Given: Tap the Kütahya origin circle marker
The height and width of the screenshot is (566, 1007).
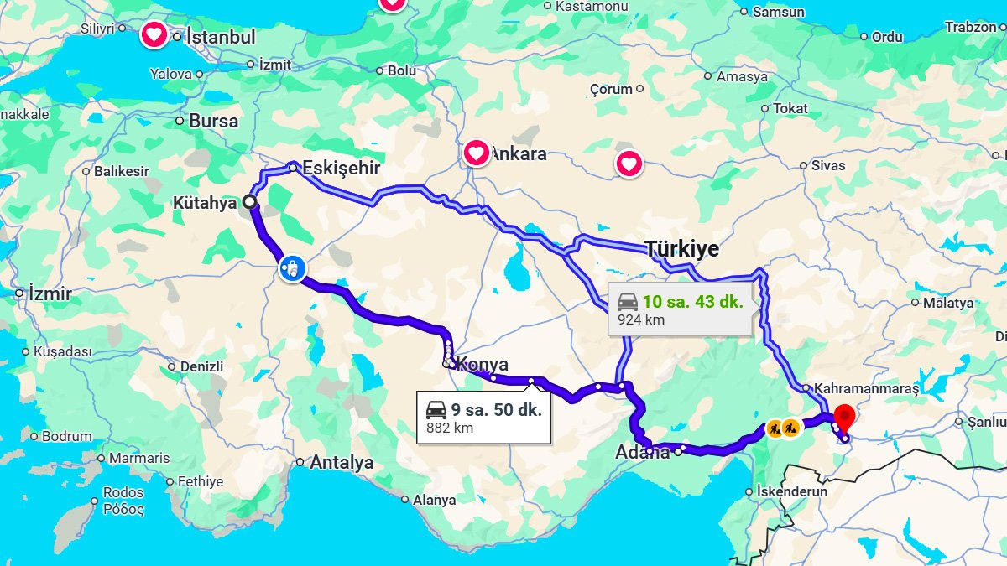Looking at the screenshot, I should click(x=249, y=202).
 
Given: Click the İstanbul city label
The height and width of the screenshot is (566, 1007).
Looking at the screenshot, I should click(x=221, y=37).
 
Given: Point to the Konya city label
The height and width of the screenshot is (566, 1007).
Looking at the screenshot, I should click(x=483, y=365).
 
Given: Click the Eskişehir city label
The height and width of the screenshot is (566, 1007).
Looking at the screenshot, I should click(x=341, y=168).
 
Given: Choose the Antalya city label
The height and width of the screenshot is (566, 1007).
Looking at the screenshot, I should click(x=342, y=462).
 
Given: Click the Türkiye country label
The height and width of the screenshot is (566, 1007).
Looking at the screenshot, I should click(x=681, y=248).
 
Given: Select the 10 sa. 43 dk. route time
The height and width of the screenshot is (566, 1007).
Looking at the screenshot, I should click(x=693, y=302).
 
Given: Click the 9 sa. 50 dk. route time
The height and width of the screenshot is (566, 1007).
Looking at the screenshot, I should click(x=496, y=410).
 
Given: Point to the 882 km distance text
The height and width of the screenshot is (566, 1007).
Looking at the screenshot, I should click(x=450, y=428).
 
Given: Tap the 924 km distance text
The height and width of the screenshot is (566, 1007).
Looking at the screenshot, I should click(x=641, y=319).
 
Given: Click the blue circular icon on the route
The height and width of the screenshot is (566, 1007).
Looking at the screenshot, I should click(x=291, y=269).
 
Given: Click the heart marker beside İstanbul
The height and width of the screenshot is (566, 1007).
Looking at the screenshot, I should click(x=154, y=35).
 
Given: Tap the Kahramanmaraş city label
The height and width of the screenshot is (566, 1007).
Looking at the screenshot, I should click(x=866, y=389).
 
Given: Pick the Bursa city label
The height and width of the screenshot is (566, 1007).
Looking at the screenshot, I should click(x=213, y=121).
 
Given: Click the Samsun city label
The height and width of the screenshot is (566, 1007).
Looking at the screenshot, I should click(x=778, y=12).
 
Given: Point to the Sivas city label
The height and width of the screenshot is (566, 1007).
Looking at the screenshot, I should click(x=828, y=166).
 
